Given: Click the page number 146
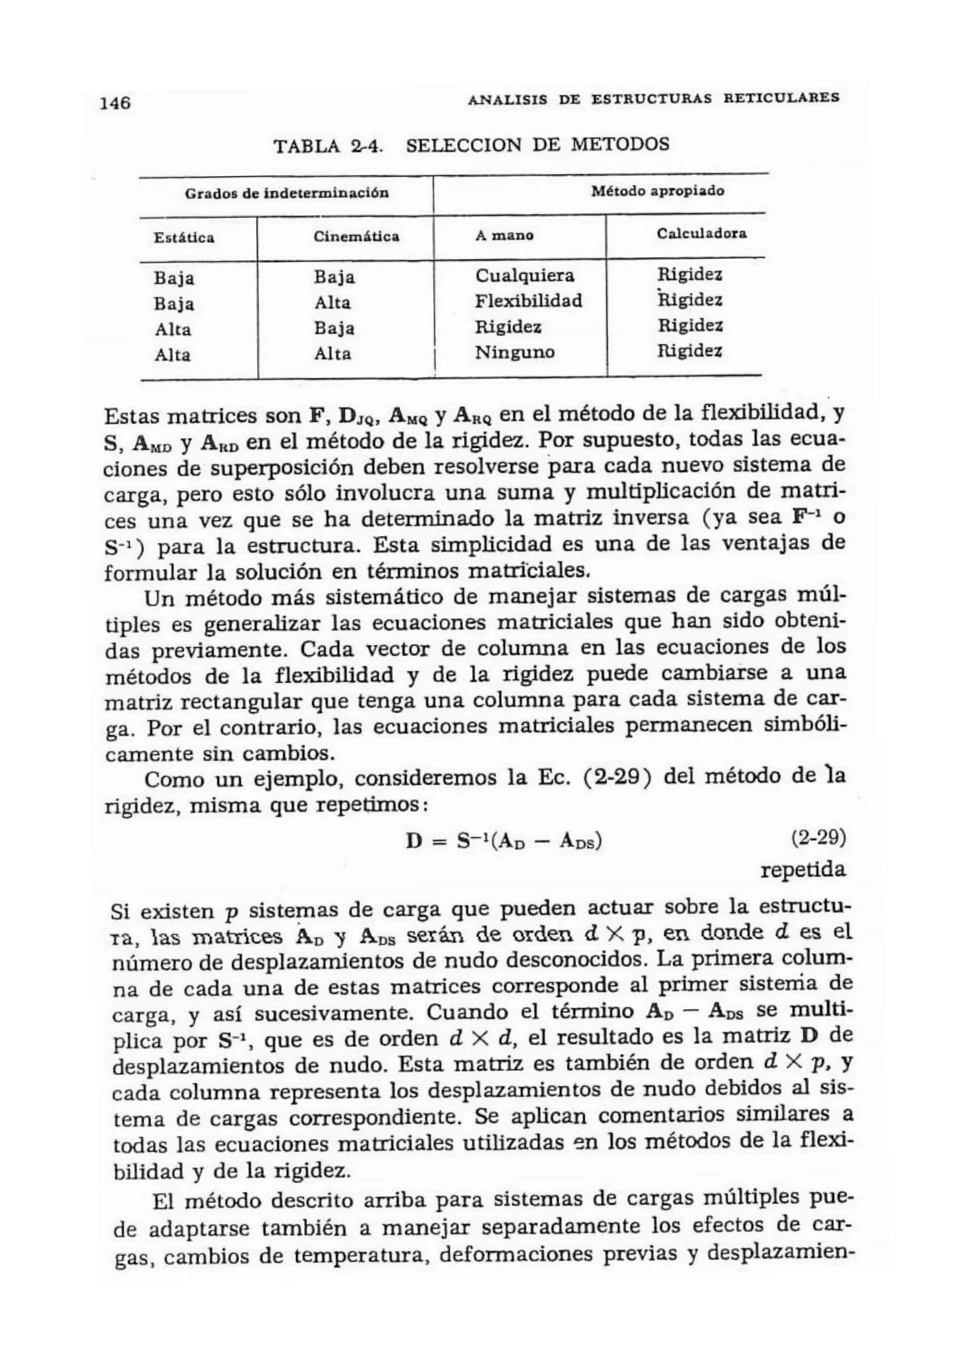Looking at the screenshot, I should coord(115,103).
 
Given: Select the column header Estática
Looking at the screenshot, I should coord(184,238).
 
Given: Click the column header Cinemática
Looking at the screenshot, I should coord(356,237).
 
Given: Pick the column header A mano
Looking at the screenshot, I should coord(504,235).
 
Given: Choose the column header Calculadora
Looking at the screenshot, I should coord(702,233).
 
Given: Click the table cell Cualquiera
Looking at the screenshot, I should coord(525,276).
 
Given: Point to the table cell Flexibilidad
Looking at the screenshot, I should coord(528,301).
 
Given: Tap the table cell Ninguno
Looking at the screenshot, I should coord(515,353).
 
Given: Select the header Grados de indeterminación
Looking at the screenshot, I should coord(287,193).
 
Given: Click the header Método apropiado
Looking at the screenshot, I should coord(657,191).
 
